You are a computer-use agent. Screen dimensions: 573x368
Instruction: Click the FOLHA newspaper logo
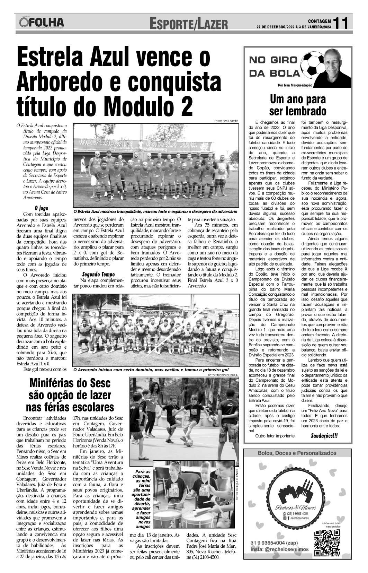pyautogui.click(x=42, y=23)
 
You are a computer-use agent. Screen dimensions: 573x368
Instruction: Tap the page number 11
pyautogui.click(x=343, y=23)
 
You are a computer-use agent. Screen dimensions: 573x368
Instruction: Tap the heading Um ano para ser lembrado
pyautogui.click(x=298, y=105)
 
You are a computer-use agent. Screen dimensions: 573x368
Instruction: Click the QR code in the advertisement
pyautogui.click(x=327, y=542)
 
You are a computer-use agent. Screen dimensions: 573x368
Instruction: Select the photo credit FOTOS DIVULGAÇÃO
pyautogui.click(x=227, y=121)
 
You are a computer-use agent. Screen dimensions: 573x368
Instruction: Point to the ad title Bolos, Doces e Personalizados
pyautogui.click(x=297, y=453)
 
